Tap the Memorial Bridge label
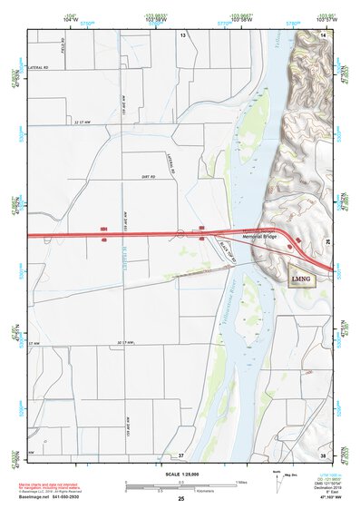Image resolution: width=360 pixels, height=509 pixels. (257, 237)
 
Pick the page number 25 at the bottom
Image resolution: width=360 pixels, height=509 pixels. (181, 500)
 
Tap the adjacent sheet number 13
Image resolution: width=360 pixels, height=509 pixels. (182, 34)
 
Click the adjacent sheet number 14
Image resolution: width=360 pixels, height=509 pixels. (324, 34)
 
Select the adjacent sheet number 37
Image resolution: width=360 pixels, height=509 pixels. (181, 454)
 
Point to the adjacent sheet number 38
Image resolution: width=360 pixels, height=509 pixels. (324, 454)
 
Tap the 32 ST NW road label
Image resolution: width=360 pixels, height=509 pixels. (83, 134)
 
